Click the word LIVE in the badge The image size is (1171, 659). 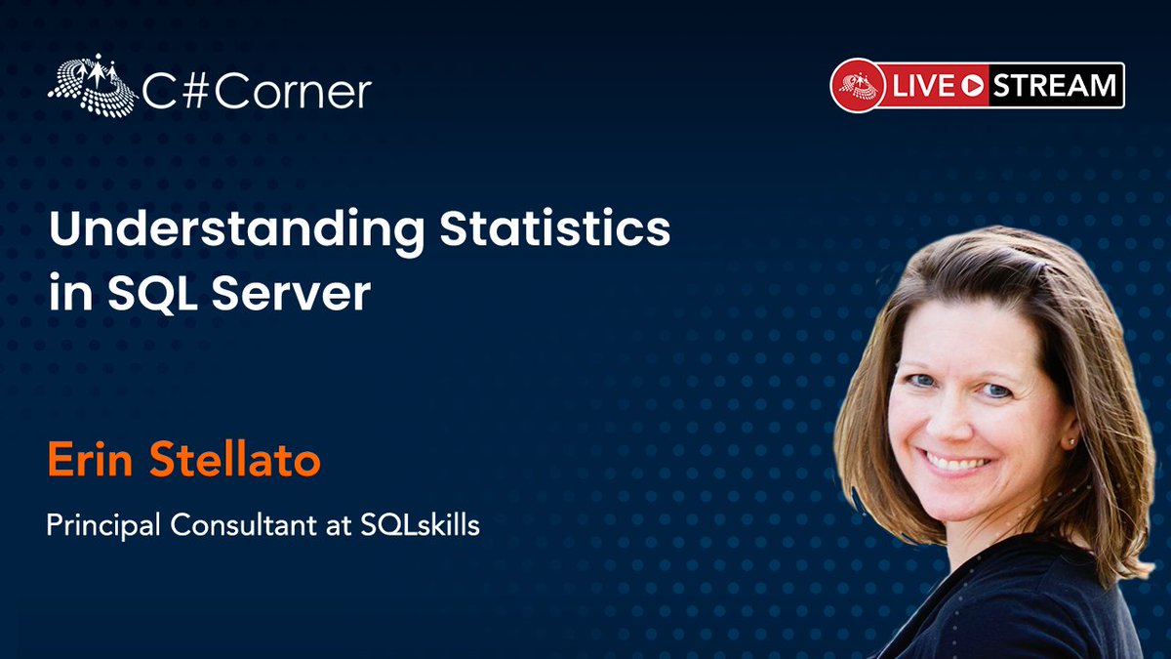(922, 86)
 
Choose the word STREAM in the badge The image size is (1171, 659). (1054, 86)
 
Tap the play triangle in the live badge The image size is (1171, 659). (971, 86)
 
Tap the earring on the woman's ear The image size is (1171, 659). (1071, 441)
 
